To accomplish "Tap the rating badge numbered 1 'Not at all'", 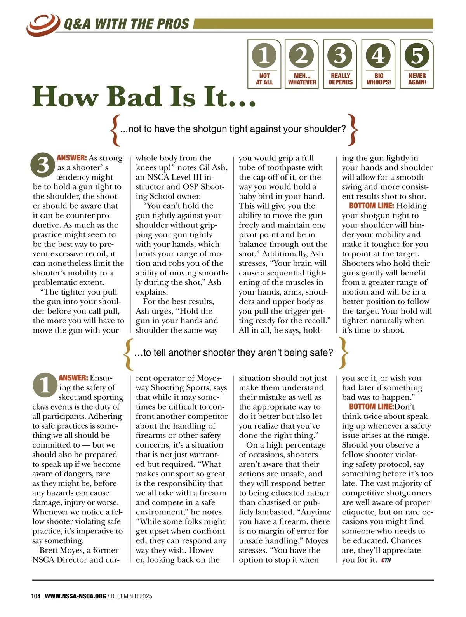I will (x=264, y=64).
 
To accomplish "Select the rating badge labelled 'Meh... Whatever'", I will (x=302, y=64).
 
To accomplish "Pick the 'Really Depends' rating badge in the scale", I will (x=340, y=64).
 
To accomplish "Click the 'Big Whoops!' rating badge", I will (x=379, y=64).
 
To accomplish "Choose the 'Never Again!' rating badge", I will (x=417, y=64).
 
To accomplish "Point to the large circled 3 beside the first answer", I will (x=43, y=164).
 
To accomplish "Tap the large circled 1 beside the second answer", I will (x=45, y=385).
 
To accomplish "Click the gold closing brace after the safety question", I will (x=343, y=352).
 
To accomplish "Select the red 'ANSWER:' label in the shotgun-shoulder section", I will (x=72, y=158).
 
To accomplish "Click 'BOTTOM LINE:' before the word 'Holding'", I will (x=371, y=206).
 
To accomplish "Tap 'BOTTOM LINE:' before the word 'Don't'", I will (x=371, y=407).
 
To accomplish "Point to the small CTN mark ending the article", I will (x=386, y=560).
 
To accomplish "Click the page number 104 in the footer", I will (x=36, y=596).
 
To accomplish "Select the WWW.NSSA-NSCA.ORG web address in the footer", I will (x=75, y=596).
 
